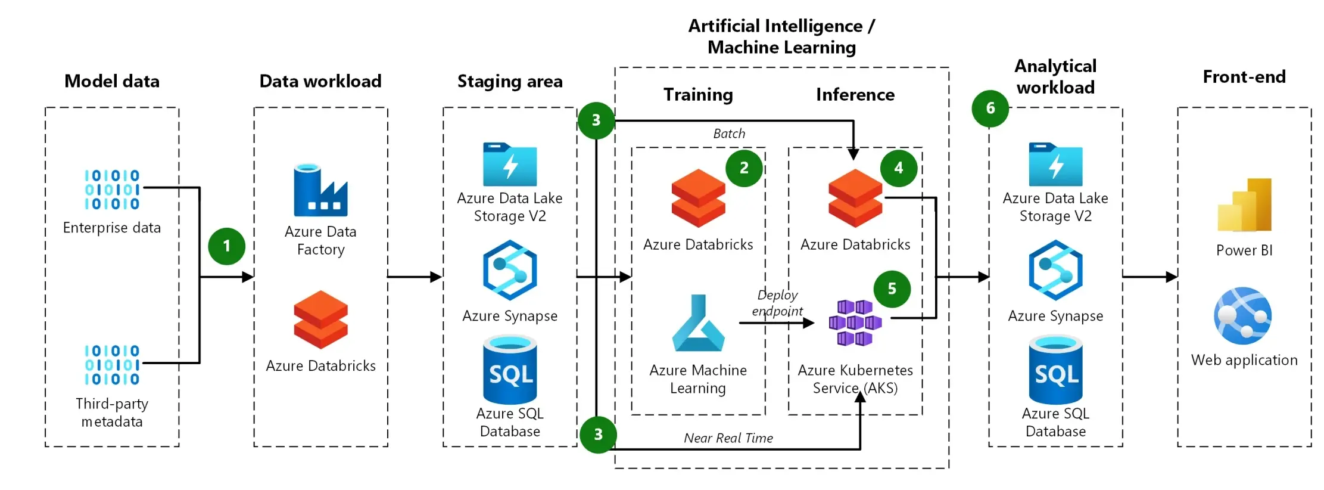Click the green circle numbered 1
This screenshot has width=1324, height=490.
click(226, 246)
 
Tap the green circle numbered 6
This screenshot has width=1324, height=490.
click(990, 108)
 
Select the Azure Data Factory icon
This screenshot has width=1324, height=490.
click(320, 191)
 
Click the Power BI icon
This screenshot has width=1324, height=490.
click(1244, 205)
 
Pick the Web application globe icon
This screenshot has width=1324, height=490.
click(1243, 316)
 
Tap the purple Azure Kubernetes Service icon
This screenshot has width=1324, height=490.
click(855, 323)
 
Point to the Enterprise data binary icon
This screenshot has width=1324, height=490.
click(112, 190)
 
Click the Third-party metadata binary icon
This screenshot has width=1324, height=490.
click(112, 365)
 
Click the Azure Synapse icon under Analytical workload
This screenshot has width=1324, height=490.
click(1055, 270)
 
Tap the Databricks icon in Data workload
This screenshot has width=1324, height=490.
click(320, 320)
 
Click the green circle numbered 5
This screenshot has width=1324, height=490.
click(892, 289)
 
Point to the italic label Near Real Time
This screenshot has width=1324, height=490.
click(728, 438)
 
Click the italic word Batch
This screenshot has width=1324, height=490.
click(729, 134)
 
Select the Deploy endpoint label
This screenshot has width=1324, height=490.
click(777, 303)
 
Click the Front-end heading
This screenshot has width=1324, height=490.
click(1244, 77)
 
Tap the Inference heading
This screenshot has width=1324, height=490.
click(855, 95)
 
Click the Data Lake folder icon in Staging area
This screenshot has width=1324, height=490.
click(510, 165)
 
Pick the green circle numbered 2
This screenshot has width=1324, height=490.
click(744, 168)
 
